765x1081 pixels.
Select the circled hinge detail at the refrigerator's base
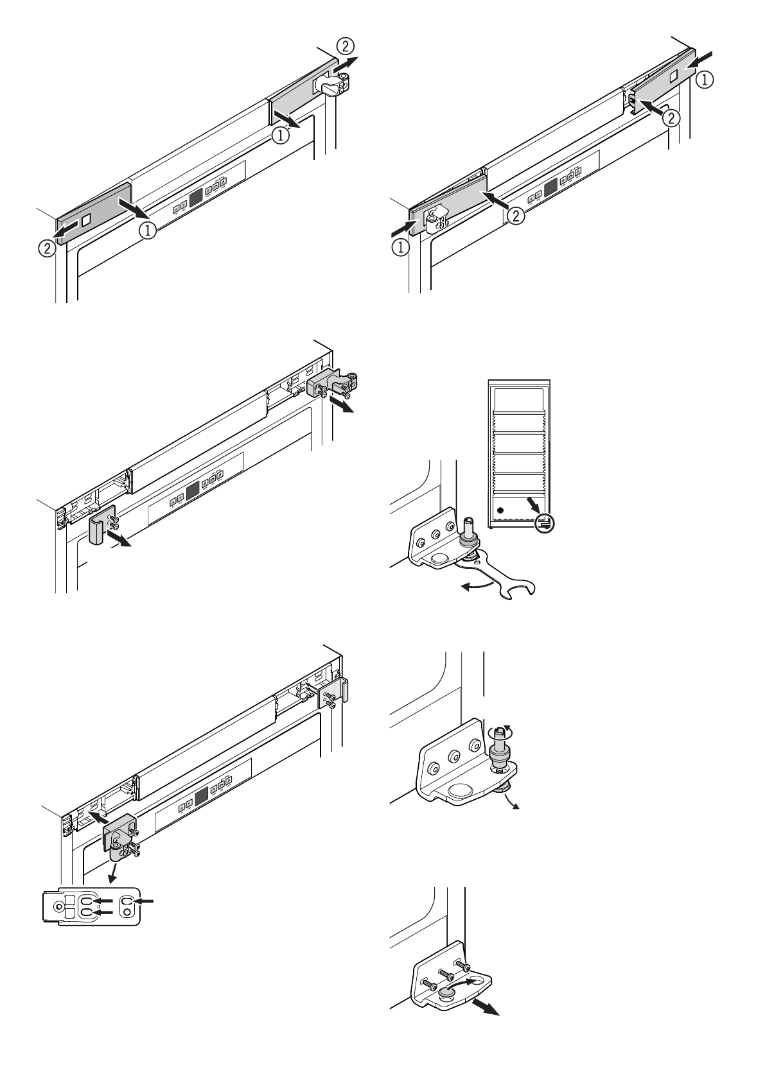coord(545,523)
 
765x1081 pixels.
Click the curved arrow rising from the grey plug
coord(462,983)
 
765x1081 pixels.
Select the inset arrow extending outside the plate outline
coord(146,901)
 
